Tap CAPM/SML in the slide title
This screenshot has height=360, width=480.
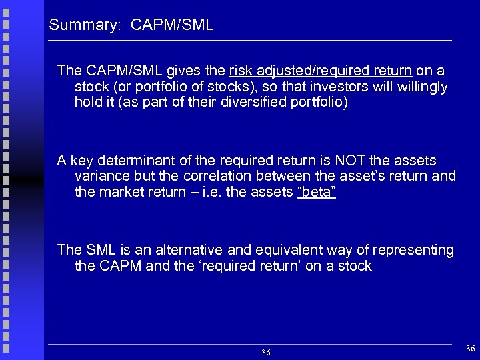pyautogui.click(x=172, y=26)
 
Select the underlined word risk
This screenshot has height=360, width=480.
pyautogui.click(x=240, y=70)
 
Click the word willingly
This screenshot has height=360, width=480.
pyautogui.click(x=422, y=87)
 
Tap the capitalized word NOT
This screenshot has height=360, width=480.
pyautogui.click(x=351, y=161)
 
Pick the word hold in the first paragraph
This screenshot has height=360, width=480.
pyautogui.click(x=88, y=103)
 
